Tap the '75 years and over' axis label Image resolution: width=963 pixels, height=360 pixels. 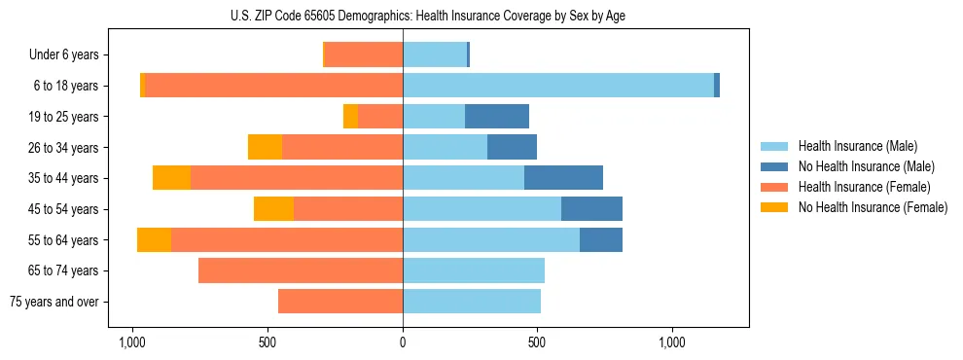53,302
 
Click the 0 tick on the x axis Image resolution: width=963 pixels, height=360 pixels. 403,343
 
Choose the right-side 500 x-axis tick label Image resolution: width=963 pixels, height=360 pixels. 537,343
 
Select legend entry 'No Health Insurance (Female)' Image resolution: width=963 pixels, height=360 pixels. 873,207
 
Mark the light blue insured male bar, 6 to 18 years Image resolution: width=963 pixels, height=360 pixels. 558,86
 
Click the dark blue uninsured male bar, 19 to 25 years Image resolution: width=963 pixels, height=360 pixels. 497,117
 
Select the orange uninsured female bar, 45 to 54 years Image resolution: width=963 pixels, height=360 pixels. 273,209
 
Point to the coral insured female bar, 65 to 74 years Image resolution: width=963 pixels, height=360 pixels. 301,270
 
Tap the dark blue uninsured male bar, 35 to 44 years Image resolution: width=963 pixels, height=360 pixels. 563,178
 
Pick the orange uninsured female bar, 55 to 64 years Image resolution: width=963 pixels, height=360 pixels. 154,240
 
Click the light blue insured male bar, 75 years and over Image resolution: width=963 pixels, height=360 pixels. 472,302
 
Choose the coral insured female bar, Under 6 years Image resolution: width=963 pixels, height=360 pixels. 364,55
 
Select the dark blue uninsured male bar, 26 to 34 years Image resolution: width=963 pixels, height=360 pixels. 512,147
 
